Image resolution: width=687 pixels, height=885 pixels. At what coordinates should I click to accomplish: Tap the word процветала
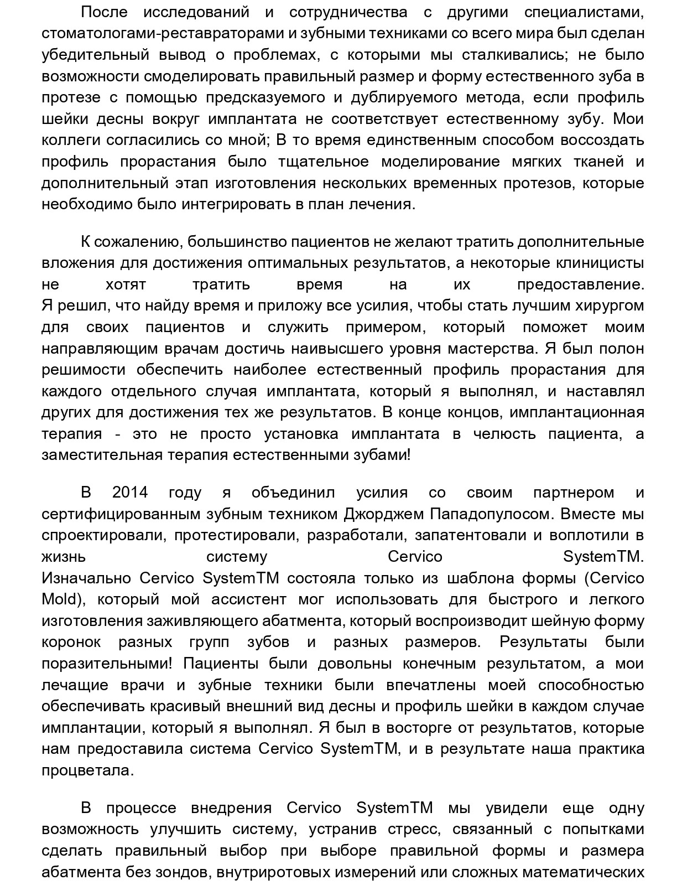pyautogui.click(x=87, y=770)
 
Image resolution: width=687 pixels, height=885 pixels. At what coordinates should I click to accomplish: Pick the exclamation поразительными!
pyautogui.click(x=106, y=663)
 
